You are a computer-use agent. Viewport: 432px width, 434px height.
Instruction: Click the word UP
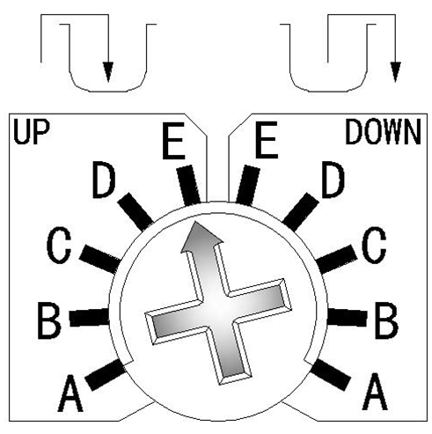point(32,132)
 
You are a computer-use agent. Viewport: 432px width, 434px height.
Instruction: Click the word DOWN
point(383,132)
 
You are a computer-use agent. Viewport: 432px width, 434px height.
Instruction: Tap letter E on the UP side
point(173,141)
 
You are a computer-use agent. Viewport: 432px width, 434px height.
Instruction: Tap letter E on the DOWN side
point(267,140)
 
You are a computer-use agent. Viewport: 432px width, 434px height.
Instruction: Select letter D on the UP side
point(104,180)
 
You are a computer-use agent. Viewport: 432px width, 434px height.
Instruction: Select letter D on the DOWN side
point(333,180)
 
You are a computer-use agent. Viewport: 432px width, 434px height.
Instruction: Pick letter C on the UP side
point(59,246)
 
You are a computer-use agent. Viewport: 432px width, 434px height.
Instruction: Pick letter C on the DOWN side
point(374,245)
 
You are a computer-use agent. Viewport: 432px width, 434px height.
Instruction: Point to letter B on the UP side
point(49,320)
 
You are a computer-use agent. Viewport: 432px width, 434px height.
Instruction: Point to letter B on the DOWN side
point(387,320)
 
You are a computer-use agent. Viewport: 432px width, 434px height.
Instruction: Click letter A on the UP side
point(70,393)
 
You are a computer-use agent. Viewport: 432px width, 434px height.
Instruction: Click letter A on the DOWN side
point(375,392)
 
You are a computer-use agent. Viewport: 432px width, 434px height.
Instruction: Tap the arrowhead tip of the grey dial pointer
point(194,223)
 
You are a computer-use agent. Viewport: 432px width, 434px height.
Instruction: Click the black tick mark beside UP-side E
point(189,185)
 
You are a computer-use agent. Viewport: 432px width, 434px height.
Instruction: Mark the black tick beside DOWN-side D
point(300,211)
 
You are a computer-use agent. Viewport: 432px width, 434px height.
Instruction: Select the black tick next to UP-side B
point(89,317)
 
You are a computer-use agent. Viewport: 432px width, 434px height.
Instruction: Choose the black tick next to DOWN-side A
point(332,374)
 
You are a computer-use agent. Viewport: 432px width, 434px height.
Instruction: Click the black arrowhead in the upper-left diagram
point(108,72)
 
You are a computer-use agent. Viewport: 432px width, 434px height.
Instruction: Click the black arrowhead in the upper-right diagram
point(396,72)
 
